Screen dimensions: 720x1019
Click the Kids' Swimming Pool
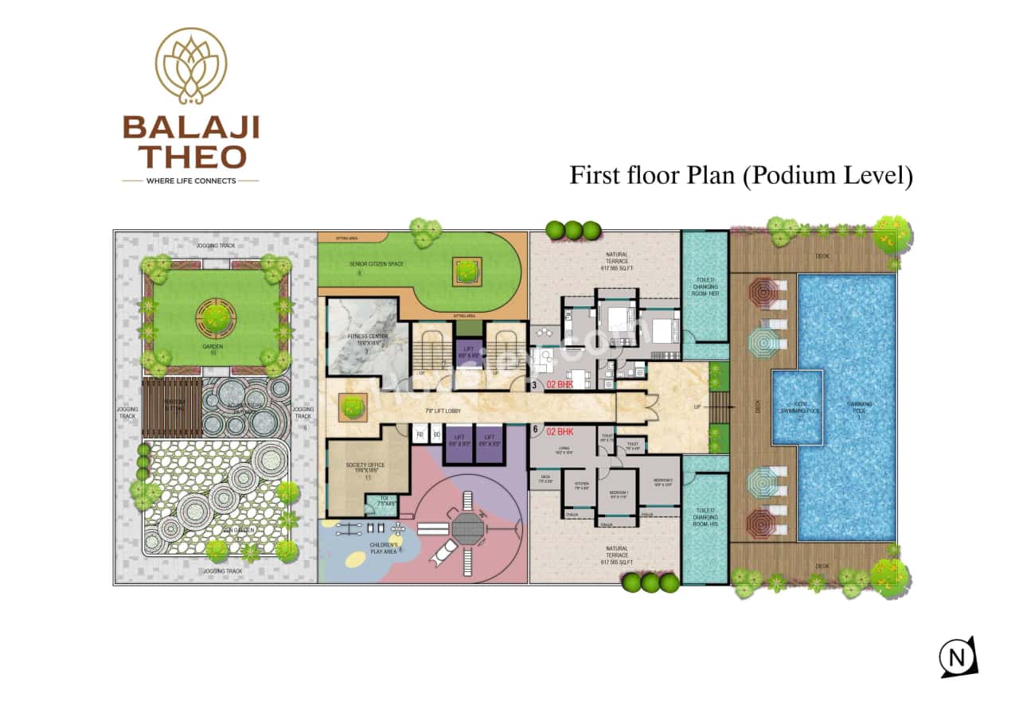pos(797,407)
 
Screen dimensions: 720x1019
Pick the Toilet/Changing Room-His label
pos(705,516)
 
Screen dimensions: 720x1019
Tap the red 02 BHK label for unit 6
pos(560,432)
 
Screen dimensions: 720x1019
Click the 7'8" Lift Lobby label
pos(444,411)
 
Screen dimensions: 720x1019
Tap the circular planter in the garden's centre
pos(215,316)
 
